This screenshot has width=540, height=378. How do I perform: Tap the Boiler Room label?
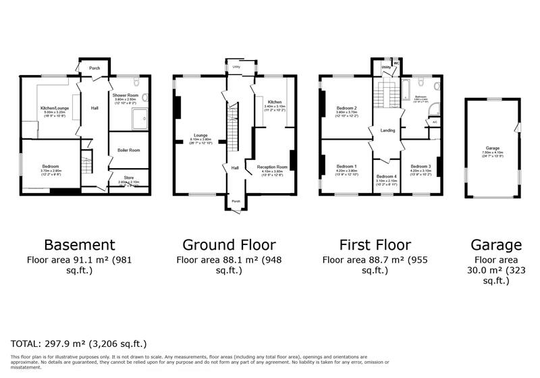[128, 150]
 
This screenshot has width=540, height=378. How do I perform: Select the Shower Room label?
[126, 96]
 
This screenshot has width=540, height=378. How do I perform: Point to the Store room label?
[128, 178]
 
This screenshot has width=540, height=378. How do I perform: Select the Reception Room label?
[272, 166]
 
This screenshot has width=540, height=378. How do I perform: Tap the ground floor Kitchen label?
[274, 102]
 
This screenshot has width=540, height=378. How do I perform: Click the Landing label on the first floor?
[387, 130]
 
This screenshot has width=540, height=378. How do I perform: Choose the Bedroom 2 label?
[347, 108]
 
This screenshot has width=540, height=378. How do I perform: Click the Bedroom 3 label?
[420, 166]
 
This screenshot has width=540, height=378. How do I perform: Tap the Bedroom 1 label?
[347, 166]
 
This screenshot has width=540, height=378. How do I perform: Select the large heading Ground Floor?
[229, 244]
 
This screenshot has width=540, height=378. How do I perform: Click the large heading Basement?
[79, 244]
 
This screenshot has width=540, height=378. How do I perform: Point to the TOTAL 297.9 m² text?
[78, 344]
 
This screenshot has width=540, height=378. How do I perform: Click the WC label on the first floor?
[396, 64]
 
